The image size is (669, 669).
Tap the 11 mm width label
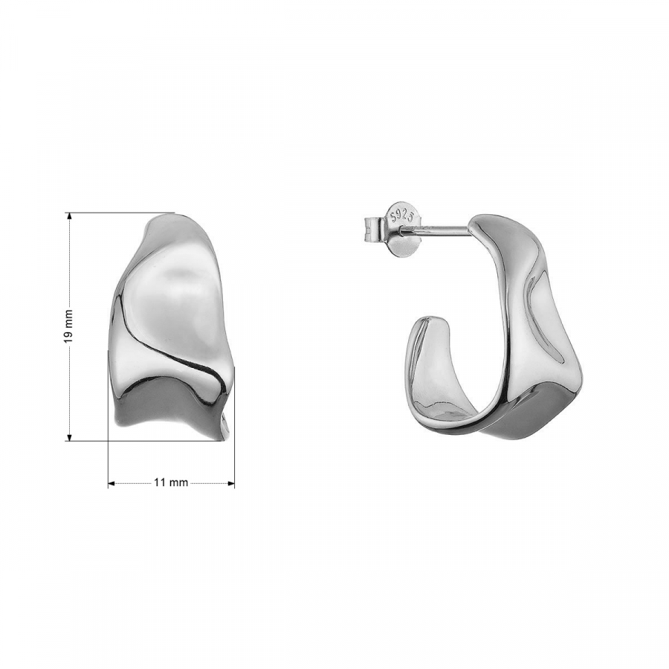[x=171, y=482]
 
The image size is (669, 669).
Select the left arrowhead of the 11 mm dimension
[x=111, y=483]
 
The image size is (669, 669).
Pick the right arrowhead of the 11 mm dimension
[x=231, y=483]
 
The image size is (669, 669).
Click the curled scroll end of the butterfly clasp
[x=372, y=227]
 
